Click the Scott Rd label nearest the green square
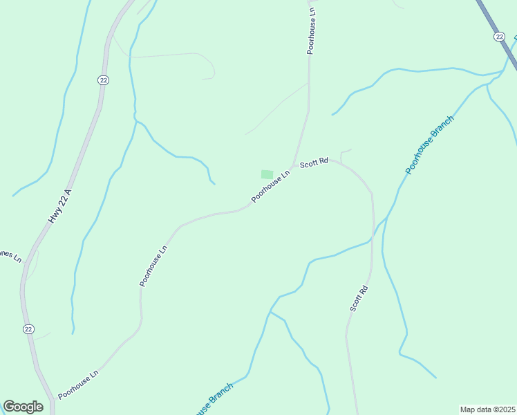click(313, 163)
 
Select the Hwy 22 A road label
click(59, 205)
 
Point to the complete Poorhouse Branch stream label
click(429, 145)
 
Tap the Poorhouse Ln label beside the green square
click(270, 187)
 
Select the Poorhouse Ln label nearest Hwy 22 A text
click(153, 266)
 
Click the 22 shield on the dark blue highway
click(499, 36)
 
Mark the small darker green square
click(267, 174)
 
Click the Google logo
click(23, 407)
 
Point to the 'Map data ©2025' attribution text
click(487, 409)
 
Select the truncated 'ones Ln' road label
click(10, 255)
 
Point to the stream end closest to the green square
click(214, 184)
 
